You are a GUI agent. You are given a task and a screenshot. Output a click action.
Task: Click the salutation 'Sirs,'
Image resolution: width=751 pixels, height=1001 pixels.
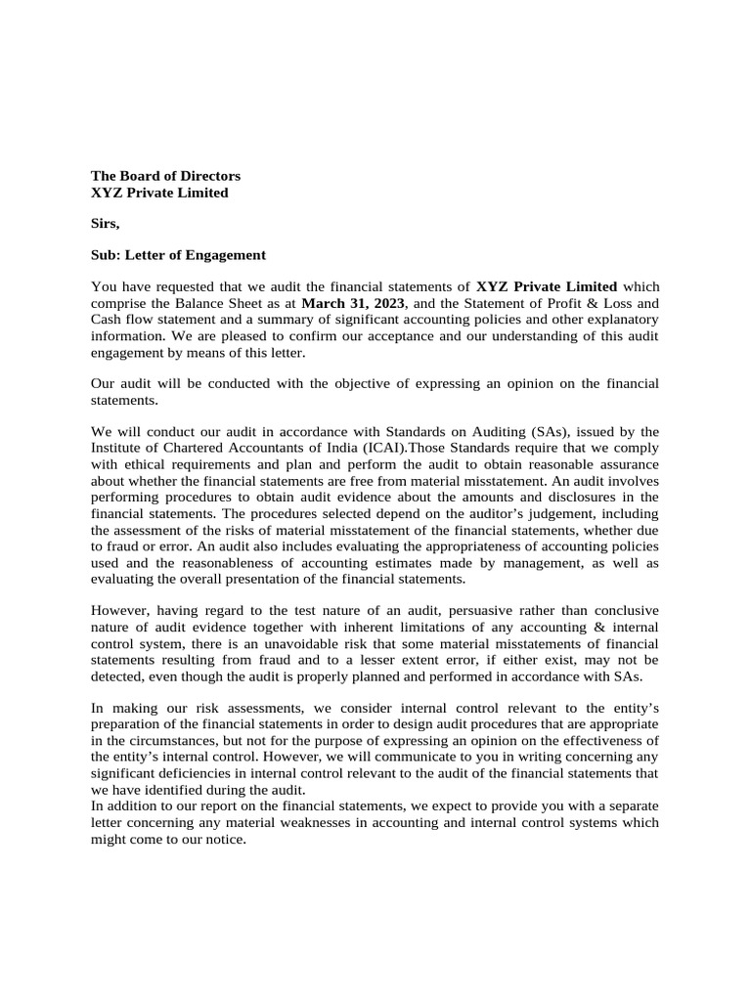[x=105, y=224]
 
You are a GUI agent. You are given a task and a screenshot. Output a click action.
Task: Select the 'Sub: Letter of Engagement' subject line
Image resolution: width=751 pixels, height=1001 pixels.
[x=178, y=255]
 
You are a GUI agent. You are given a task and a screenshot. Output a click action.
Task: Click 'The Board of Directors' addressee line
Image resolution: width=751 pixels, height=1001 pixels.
[x=165, y=176]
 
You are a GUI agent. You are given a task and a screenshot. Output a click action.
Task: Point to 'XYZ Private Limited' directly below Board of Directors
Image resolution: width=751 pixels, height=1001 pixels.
[x=159, y=193]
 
